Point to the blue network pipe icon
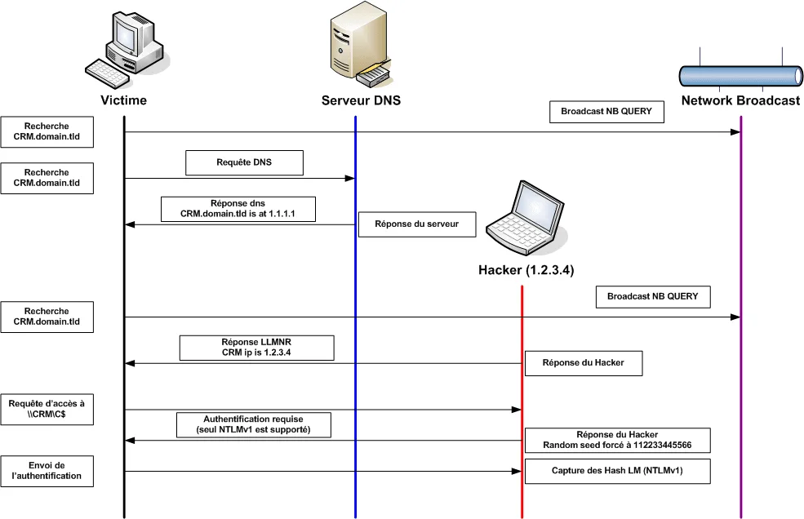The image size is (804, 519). click(740, 76)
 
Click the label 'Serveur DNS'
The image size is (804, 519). click(361, 100)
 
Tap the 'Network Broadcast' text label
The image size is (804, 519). click(740, 100)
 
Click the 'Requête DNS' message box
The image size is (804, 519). click(244, 162)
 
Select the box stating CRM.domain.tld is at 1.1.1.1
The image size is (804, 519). click(238, 209)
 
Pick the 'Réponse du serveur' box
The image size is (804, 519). click(416, 224)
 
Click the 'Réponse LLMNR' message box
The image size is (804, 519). click(256, 347)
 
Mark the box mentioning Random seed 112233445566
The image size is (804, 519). click(617, 441)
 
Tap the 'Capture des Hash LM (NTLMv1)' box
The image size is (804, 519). click(617, 471)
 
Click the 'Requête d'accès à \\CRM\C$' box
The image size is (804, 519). click(47, 409)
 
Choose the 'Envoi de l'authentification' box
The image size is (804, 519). click(47, 471)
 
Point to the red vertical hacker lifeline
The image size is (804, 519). click(522, 490)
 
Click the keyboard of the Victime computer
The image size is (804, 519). click(110, 73)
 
